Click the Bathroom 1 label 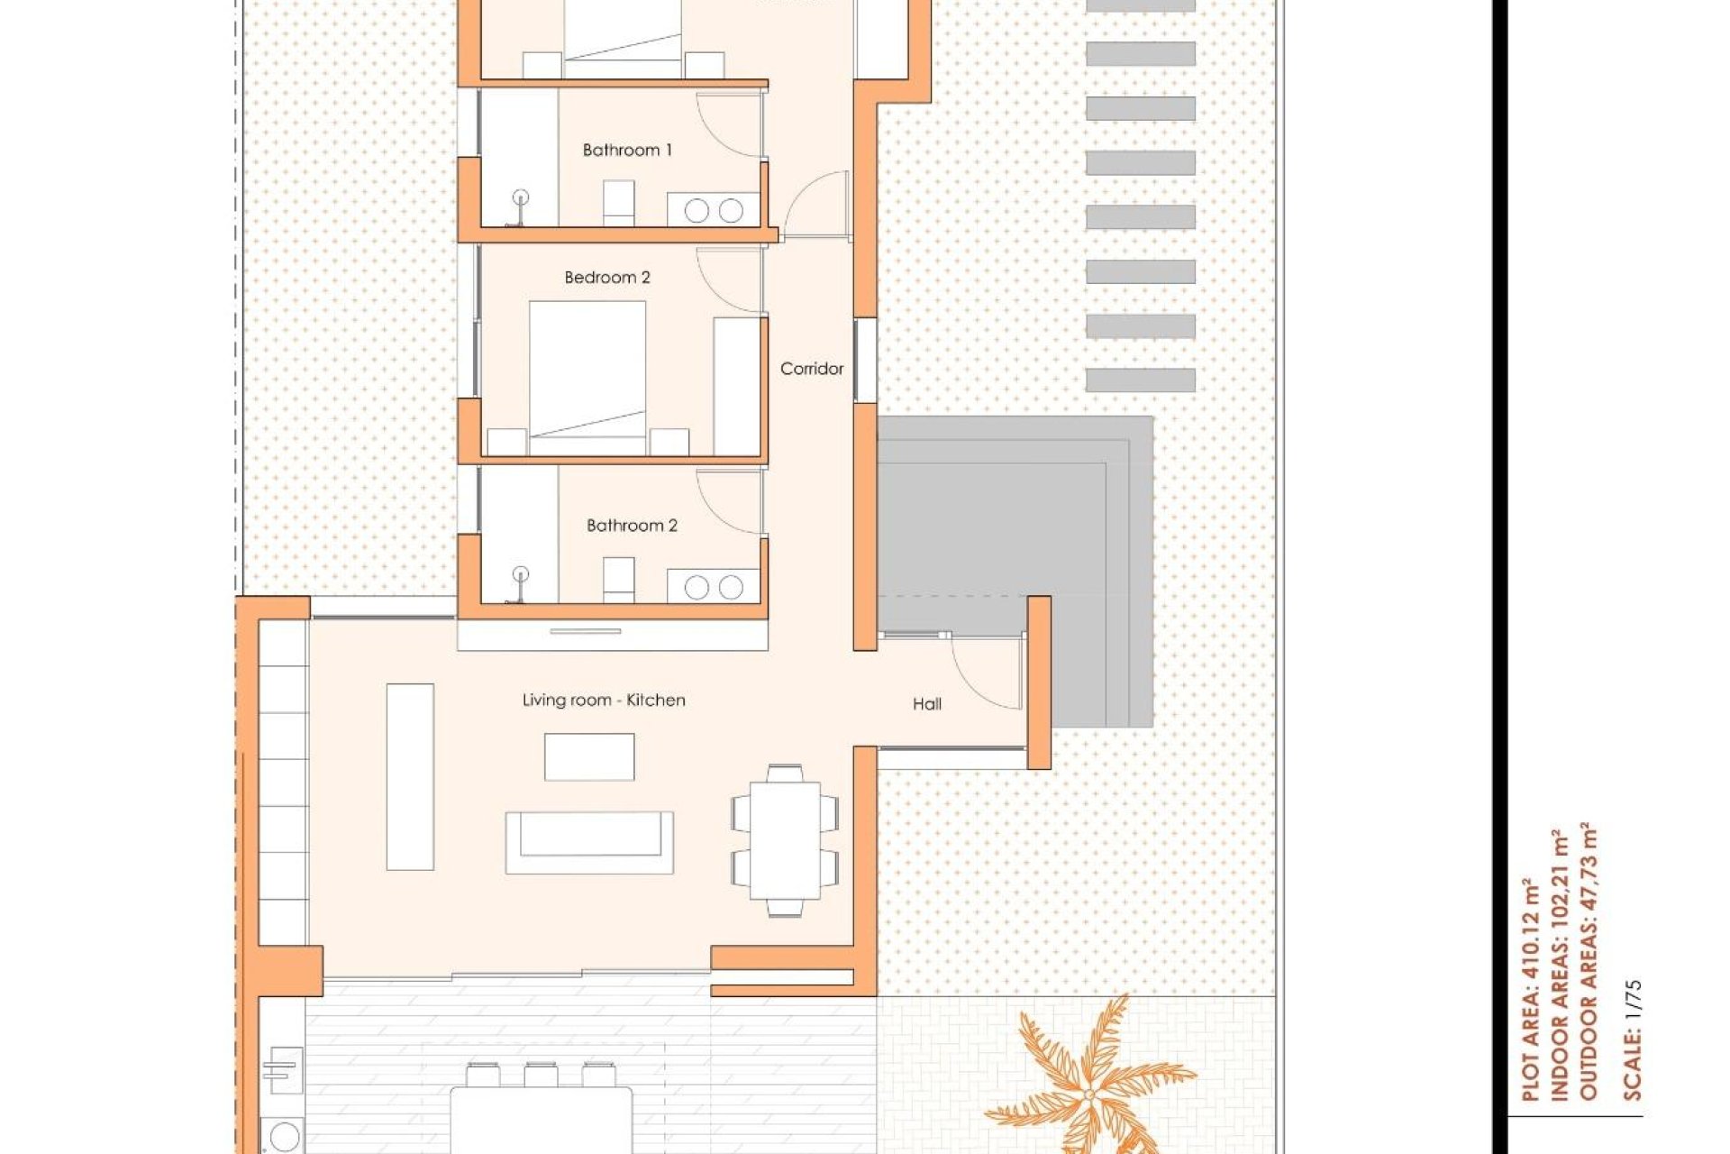627,151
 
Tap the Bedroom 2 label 606,278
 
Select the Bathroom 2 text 631,526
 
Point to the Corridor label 811,369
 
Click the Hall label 926,704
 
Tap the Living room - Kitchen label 604,701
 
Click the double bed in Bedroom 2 587,374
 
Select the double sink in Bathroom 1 713,210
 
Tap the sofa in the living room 589,842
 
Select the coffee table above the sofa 589,756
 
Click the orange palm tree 1088,1082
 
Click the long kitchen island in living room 410,776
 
